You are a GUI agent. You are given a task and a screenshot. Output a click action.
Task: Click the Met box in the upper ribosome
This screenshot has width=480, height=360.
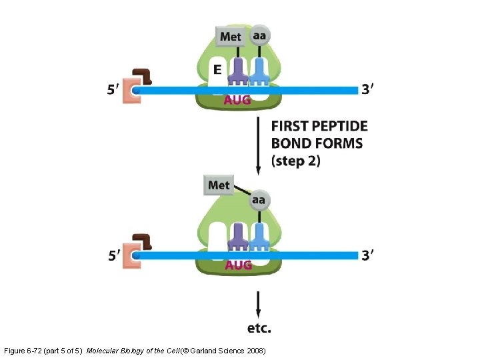tap(230, 36)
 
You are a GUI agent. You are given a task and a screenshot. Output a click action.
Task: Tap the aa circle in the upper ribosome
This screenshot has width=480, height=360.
tap(259, 35)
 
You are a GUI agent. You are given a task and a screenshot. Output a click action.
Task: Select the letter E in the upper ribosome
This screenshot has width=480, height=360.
tap(217, 69)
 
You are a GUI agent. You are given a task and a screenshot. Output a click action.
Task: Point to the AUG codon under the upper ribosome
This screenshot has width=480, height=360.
tap(237, 100)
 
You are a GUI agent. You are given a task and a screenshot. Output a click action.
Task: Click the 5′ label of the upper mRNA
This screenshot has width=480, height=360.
tap(115, 90)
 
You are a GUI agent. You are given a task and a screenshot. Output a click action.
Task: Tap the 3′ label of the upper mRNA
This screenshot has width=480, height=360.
tap(367, 89)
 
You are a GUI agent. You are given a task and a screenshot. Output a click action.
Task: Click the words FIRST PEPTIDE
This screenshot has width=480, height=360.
tap(319, 126)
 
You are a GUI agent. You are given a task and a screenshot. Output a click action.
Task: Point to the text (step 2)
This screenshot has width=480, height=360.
tap(296, 161)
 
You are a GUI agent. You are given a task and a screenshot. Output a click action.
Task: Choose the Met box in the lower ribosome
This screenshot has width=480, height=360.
tap(219, 185)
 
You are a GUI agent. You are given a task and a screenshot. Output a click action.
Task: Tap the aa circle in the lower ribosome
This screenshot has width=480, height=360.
tap(258, 199)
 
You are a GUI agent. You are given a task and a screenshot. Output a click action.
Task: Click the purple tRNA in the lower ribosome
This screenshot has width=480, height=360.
tap(238, 237)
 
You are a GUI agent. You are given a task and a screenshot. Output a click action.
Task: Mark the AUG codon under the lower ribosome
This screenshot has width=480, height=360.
tap(238, 265)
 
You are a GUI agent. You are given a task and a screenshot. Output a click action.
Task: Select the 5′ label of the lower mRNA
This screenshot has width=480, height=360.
tap(115, 255)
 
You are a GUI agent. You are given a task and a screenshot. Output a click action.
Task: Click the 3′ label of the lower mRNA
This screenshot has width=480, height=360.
tap(367, 255)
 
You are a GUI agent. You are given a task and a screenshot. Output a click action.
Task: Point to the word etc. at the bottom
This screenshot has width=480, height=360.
tap(259, 328)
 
